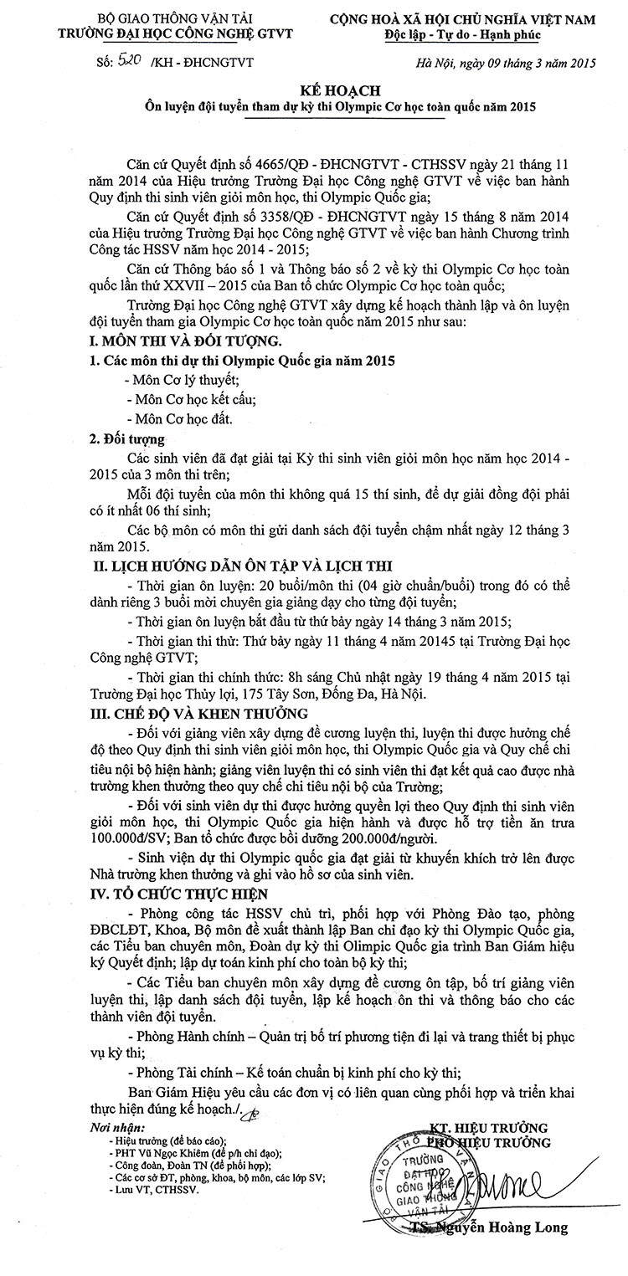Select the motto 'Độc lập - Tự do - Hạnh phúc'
(474, 36)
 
